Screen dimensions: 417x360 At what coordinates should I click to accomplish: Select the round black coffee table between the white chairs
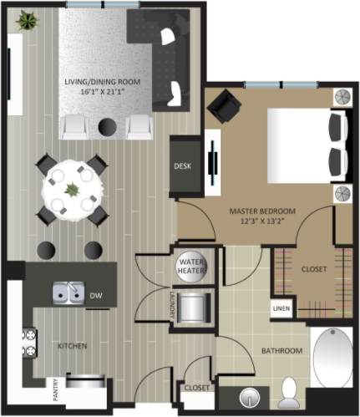pyautogui.click(x=107, y=126)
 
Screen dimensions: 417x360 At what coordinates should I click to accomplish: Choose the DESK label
pyautogui.click(x=182, y=166)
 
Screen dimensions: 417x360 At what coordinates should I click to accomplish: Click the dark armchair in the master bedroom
pyautogui.click(x=224, y=106)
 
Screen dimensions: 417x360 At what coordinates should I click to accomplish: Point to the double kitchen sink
pyautogui.click(x=67, y=293)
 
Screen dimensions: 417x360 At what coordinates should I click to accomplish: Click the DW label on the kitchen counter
pyautogui.click(x=97, y=295)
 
